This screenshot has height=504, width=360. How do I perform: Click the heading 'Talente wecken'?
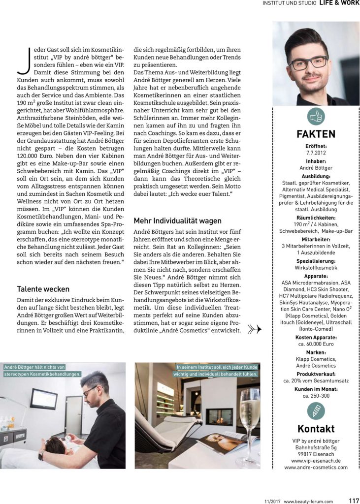point(43,289)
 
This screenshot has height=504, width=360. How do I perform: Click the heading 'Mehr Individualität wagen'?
point(178,221)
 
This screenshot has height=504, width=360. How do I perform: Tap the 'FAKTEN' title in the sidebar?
point(316,134)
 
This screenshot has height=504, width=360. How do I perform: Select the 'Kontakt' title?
point(316,428)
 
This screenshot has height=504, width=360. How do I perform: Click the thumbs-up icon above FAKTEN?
point(316,117)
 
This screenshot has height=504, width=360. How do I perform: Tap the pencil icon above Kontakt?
point(316,410)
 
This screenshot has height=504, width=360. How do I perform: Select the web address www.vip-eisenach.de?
point(316,461)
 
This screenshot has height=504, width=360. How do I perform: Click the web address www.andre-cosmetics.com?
point(316,468)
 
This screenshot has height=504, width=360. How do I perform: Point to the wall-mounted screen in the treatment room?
point(44,398)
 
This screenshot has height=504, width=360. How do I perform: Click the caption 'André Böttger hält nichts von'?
point(34,367)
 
